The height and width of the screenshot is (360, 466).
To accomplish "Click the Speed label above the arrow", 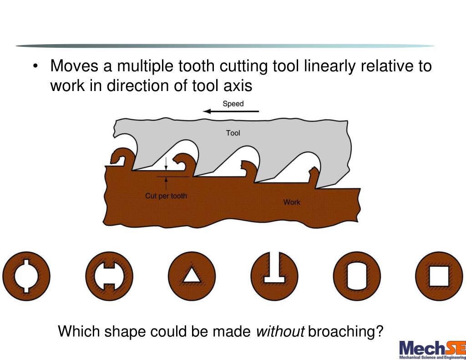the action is click(x=233, y=104).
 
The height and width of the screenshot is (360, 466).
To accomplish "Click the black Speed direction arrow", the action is click(x=231, y=112).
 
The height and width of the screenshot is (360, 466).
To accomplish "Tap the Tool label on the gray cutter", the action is click(x=233, y=133).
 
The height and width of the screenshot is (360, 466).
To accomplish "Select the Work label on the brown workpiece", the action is click(x=292, y=202).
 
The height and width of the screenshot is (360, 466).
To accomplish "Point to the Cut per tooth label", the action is click(x=166, y=196).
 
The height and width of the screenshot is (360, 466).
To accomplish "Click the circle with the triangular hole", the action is click(x=191, y=276).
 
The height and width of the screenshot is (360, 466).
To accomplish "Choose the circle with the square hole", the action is click(x=439, y=276).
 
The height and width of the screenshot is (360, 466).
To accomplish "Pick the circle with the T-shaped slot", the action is click(x=274, y=276).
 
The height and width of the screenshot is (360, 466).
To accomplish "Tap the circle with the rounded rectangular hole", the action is click(x=356, y=276).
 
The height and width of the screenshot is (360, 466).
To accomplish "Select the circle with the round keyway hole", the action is click(x=26, y=276).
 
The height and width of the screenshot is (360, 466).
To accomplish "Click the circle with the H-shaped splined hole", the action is click(x=109, y=276).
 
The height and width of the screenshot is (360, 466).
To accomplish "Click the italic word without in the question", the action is click(x=280, y=331).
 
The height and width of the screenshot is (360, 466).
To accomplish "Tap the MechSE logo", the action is click(x=432, y=350).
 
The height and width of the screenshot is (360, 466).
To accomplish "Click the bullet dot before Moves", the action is click(x=35, y=68).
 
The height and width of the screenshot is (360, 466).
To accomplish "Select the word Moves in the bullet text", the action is click(x=75, y=66).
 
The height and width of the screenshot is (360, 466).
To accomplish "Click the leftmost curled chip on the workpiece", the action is click(x=122, y=157).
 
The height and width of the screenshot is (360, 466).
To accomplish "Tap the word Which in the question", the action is click(x=79, y=331).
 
